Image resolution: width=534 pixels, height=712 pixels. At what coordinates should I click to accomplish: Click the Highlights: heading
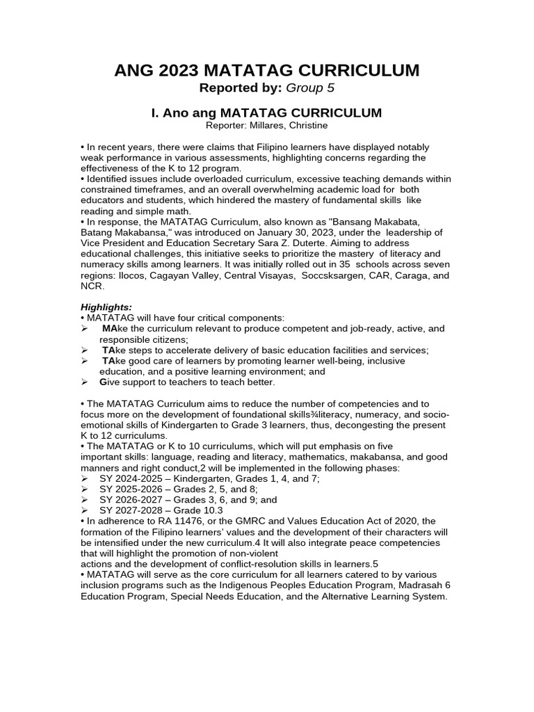[x=105, y=306]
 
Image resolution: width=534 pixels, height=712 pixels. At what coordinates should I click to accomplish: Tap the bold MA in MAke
[x=109, y=328]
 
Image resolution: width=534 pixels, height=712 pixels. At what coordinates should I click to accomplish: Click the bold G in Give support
[x=104, y=382]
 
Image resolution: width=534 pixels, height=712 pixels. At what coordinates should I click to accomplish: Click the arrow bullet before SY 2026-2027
[x=85, y=500]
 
